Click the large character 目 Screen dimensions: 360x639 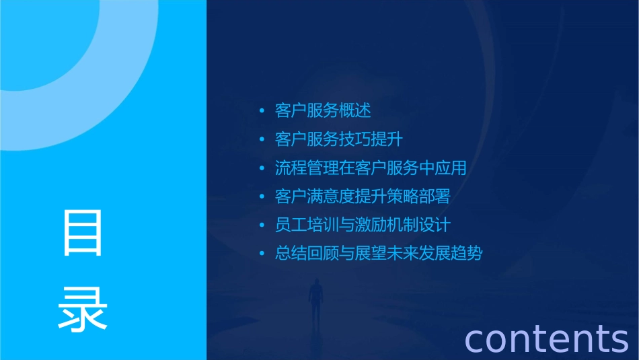point(83,233)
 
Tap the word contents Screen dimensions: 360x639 point(547,338)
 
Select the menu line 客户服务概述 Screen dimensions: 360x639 point(323,110)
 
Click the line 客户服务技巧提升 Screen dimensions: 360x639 point(339,139)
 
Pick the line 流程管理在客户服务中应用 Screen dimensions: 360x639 point(371,168)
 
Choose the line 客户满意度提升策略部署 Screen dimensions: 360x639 point(363,196)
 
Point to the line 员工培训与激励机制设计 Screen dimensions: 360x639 point(363,225)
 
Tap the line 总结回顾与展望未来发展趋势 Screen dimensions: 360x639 point(379,254)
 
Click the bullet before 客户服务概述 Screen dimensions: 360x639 point(262,111)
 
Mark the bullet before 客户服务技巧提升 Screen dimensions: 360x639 point(262,140)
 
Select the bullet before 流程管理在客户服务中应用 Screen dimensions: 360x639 point(262,168)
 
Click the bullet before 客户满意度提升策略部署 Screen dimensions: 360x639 point(262,197)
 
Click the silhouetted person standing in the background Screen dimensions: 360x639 point(315,300)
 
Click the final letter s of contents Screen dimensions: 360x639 point(619,340)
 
